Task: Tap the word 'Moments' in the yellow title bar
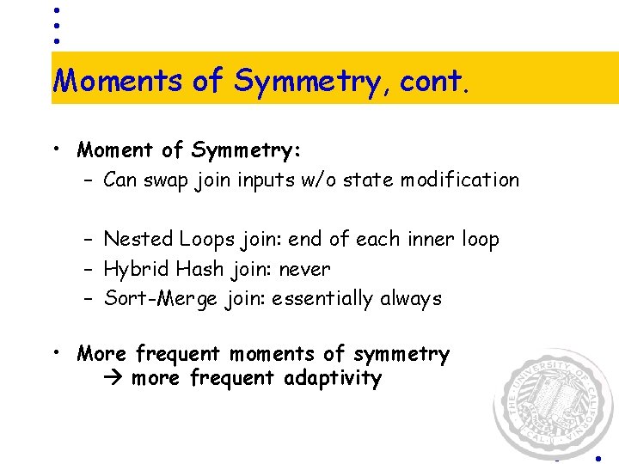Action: pyautogui.click(x=118, y=81)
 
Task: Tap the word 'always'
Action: pyautogui.click(x=413, y=299)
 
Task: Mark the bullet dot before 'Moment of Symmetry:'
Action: pyautogui.click(x=54, y=149)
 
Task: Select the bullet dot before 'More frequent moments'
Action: pyautogui.click(x=54, y=352)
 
